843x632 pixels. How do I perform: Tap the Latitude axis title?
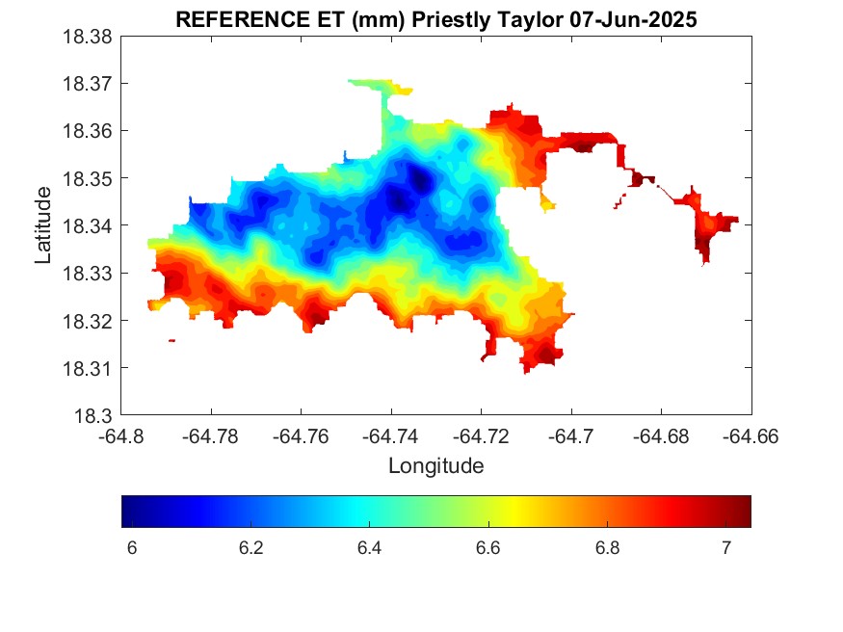(x=43, y=225)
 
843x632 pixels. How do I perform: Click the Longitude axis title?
(x=436, y=465)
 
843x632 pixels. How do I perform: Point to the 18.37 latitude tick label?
(x=88, y=84)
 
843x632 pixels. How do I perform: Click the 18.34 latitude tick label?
(x=88, y=225)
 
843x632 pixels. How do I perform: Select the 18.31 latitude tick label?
(x=88, y=368)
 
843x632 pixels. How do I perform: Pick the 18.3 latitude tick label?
(x=93, y=415)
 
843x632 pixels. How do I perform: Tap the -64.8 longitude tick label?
(x=121, y=435)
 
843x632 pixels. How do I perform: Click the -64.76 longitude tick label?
(x=301, y=435)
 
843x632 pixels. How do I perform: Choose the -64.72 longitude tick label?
(x=481, y=435)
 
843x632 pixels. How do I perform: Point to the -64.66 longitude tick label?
(x=751, y=435)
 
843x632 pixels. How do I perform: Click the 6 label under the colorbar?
(x=132, y=547)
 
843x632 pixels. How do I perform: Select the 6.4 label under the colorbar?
(x=369, y=547)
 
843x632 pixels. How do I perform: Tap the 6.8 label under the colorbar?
(x=608, y=547)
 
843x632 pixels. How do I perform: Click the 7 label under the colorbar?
(x=726, y=547)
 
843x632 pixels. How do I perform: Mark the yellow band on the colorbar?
(x=515, y=511)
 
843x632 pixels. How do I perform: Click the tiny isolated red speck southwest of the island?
(x=172, y=340)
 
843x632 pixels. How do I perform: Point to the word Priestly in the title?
(x=451, y=20)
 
